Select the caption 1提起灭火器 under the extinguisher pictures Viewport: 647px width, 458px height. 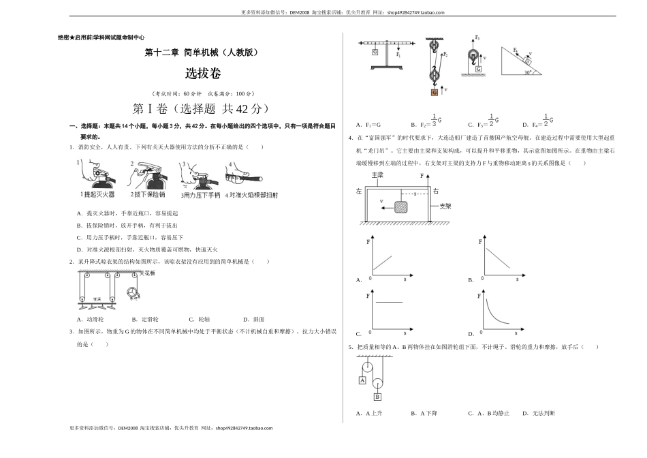[x=97, y=195]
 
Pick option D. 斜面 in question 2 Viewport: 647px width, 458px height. [x=250, y=319]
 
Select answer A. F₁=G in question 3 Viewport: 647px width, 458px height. [x=368, y=125]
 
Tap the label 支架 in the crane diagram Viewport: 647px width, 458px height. [x=445, y=205]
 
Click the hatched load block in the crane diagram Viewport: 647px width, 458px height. [x=402, y=206]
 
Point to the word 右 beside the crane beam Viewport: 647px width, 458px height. [x=436, y=192]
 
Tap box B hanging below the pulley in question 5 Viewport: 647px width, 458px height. [x=377, y=396]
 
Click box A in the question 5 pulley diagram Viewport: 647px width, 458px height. [x=363, y=380]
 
